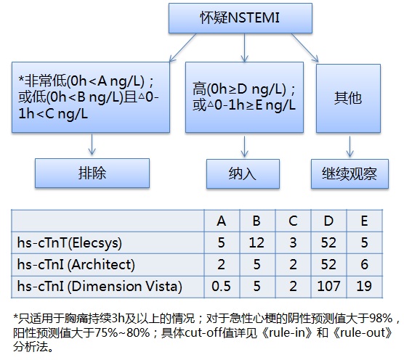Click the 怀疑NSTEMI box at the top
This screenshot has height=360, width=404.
pos(240,18)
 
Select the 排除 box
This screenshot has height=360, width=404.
pos(92,173)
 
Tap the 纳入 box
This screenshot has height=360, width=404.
pos(243,173)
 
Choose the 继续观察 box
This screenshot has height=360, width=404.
pos(350,173)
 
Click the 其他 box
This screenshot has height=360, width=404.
pos(348,98)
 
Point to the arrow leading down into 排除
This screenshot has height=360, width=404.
pos(92,144)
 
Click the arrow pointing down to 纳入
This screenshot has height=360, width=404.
pos(244,147)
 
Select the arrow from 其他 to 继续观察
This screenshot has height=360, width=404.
pos(350,147)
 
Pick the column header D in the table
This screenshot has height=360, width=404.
pos(328,221)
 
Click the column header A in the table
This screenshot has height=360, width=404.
pos(222,221)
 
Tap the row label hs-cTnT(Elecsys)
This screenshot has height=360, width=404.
pos(69,242)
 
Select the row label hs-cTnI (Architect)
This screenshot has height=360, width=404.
pos(76,264)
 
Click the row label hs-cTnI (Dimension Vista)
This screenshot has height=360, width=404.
pos(100,287)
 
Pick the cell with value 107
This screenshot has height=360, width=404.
pos(328,287)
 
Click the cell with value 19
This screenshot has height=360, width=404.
pos(364,287)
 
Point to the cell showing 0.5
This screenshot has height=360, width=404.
pos(221,287)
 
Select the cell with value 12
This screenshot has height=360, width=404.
pos(256,242)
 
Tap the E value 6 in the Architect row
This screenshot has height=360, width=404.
pos(364,264)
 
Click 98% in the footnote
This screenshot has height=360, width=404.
pos(381,319)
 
